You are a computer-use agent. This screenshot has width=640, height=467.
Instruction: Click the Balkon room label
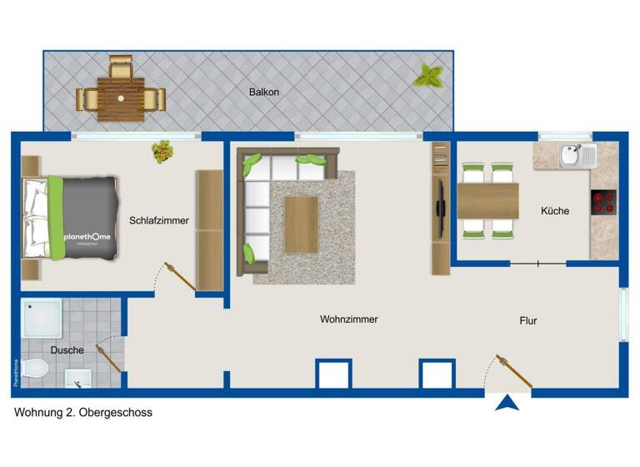(x=264, y=92)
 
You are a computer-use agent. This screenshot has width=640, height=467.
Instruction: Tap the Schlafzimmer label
(x=158, y=221)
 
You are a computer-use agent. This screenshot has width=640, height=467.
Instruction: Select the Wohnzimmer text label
(x=349, y=319)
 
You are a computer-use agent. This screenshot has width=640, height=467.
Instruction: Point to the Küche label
(x=555, y=211)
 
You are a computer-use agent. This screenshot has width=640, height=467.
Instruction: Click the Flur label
(x=528, y=320)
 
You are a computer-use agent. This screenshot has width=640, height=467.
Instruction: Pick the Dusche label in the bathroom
(x=67, y=350)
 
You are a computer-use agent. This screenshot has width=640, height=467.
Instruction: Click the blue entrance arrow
(x=507, y=403)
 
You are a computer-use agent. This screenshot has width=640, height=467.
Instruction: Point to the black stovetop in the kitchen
(x=603, y=203)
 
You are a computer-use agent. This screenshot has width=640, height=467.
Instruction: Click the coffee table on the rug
(x=301, y=223)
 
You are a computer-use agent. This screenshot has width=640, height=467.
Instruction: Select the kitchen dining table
(x=488, y=199)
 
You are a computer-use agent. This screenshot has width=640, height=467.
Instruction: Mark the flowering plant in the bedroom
(x=162, y=151)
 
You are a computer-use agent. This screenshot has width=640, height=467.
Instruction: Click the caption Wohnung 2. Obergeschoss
(x=83, y=413)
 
